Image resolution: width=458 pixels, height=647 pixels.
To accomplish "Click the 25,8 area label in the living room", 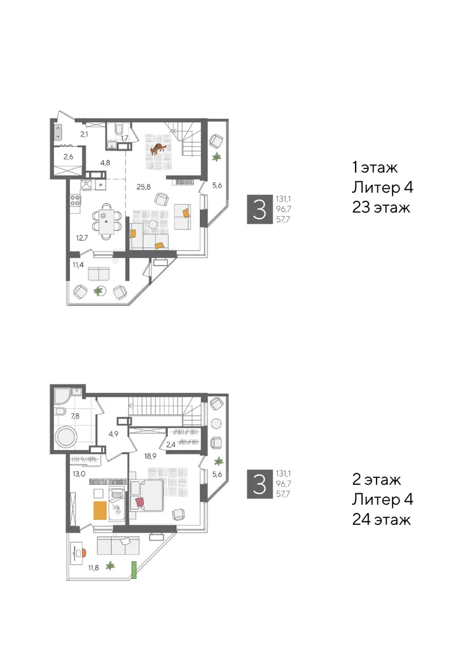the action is [x=143, y=187].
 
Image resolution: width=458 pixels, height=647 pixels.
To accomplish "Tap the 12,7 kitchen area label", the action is [x=82, y=238].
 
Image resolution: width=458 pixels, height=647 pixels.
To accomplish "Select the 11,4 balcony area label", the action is [x=78, y=265].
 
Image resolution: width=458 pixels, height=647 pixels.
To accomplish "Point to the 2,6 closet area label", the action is [x=69, y=156].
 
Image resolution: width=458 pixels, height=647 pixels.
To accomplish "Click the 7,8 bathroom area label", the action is [x=75, y=416].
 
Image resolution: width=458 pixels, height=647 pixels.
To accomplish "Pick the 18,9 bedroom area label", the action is [x=150, y=456].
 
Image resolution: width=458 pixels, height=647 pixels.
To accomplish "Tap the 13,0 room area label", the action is [x=79, y=473].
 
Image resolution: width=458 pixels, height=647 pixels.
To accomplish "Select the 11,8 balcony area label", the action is [x=94, y=568].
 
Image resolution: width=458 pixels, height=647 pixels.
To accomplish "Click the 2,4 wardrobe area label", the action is [x=170, y=444].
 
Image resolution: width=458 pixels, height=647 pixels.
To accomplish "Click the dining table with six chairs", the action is [x=107, y=222].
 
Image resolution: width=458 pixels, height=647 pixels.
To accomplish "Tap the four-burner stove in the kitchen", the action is [x=75, y=201].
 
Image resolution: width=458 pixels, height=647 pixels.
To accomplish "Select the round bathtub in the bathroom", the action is [x=66, y=437].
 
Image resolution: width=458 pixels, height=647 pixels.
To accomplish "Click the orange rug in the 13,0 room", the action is [x=99, y=511].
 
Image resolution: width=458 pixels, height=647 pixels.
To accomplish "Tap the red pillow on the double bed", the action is [x=139, y=503].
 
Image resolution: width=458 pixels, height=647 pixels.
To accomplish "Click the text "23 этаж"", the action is [x=381, y=208].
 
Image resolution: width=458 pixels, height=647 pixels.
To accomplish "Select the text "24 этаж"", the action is [x=381, y=519].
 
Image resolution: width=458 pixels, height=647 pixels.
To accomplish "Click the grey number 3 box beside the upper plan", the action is [x=260, y=209].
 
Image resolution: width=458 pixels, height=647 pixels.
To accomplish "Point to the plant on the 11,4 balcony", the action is [x=98, y=291].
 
